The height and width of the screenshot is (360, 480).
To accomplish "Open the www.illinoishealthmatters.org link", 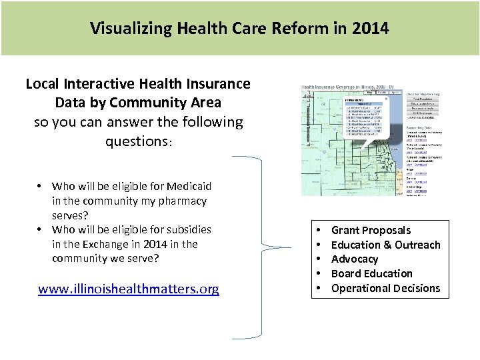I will point(129,289).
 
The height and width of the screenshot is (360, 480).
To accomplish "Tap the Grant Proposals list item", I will point(371,230).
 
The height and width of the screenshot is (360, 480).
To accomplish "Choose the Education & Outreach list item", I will point(385,245).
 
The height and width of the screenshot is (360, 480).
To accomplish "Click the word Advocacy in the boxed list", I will point(354,259).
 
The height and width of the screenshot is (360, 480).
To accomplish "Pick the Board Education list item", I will point(371,273).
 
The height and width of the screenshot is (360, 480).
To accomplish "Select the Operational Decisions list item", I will point(385,288).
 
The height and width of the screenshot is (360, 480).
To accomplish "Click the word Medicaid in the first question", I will point(191,186).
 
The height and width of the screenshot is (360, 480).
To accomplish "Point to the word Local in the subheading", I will point(42,84).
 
